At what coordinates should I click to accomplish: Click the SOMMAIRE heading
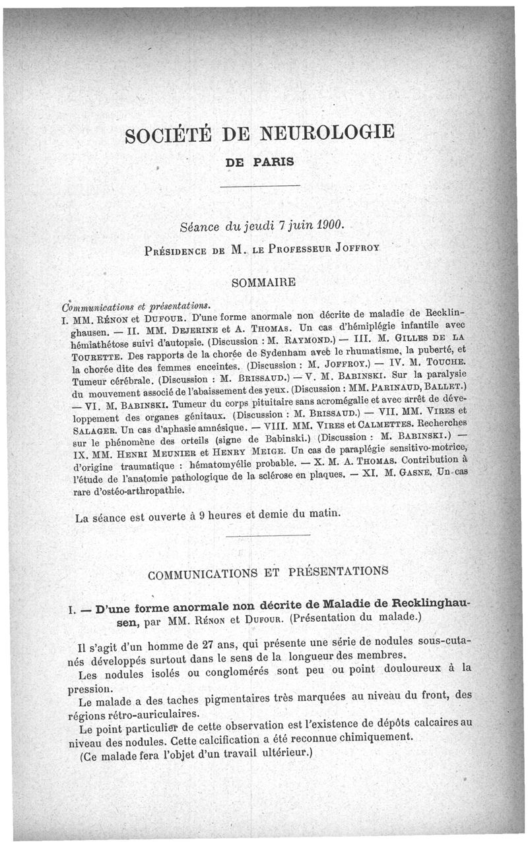263,282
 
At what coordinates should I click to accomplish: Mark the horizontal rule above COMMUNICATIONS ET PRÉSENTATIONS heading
267,535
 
